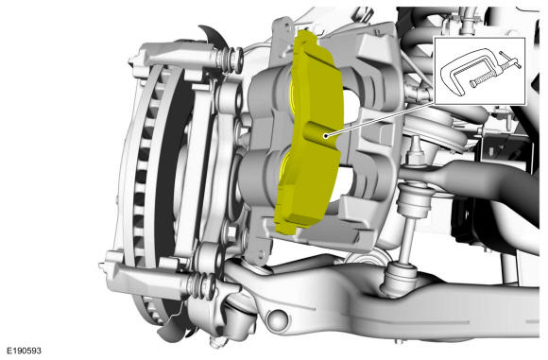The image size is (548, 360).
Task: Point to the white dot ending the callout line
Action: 326,136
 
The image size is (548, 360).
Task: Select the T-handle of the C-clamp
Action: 510,60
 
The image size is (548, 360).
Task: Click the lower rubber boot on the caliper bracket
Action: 203,283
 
